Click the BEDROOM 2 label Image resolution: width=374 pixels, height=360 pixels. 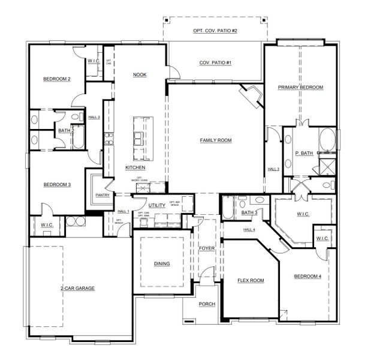[x=57, y=79]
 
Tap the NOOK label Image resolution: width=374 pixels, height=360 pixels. [x=140, y=74]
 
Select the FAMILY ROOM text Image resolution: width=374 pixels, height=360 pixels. [x=216, y=140]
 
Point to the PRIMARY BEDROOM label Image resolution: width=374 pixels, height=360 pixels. [x=300, y=88]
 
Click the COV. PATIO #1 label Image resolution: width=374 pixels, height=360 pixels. [x=215, y=63]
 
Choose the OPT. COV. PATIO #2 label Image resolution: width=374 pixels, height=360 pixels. [x=215, y=30]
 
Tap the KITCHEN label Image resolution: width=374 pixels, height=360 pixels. [x=135, y=167]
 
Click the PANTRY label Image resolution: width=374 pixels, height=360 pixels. [x=102, y=194]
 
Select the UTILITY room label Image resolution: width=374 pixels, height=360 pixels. [x=157, y=205]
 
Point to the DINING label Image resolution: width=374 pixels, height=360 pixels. [x=161, y=263]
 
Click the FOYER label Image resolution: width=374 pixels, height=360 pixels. [x=207, y=248]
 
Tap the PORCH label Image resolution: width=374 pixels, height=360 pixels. [x=207, y=304]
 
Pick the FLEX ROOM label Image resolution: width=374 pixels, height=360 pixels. [x=251, y=280]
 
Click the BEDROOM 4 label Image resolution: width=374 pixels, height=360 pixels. [x=308, y=277]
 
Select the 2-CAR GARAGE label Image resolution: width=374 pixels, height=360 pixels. [x=77, y=288]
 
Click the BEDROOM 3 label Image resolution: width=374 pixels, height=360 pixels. [x=57, y=185]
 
